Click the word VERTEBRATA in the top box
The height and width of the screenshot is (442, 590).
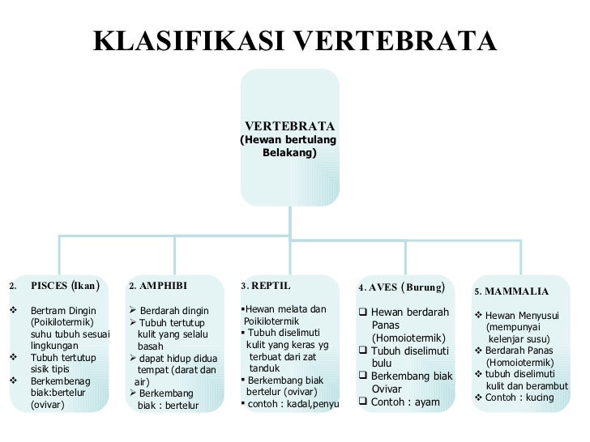(x=289, y=126)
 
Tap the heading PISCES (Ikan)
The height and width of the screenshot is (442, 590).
(x=65, y=286)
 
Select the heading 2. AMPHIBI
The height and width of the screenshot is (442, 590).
(x=157, y=286)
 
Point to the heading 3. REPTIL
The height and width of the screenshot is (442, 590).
(x=265, y=286)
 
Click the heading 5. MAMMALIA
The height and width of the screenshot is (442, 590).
(x=511, y=291)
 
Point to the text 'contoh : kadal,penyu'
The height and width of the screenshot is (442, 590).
(x=293, y=403)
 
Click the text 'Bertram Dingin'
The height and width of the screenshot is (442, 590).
(x=63, y=311)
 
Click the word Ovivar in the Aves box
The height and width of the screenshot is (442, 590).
(x=387, y=389)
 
